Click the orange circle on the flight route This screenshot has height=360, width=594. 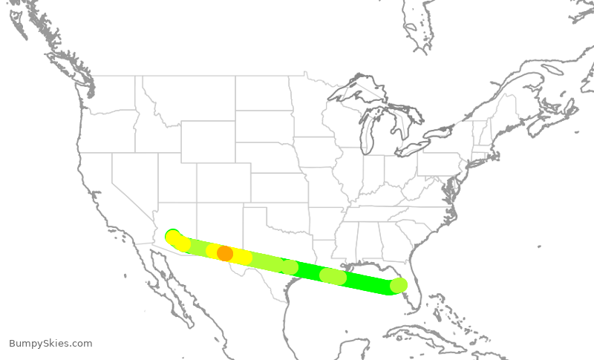point(225,253)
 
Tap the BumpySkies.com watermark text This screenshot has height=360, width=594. point(50,344)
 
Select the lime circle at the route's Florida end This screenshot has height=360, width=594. point(399,285)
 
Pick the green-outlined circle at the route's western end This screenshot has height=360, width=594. point(172,237)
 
